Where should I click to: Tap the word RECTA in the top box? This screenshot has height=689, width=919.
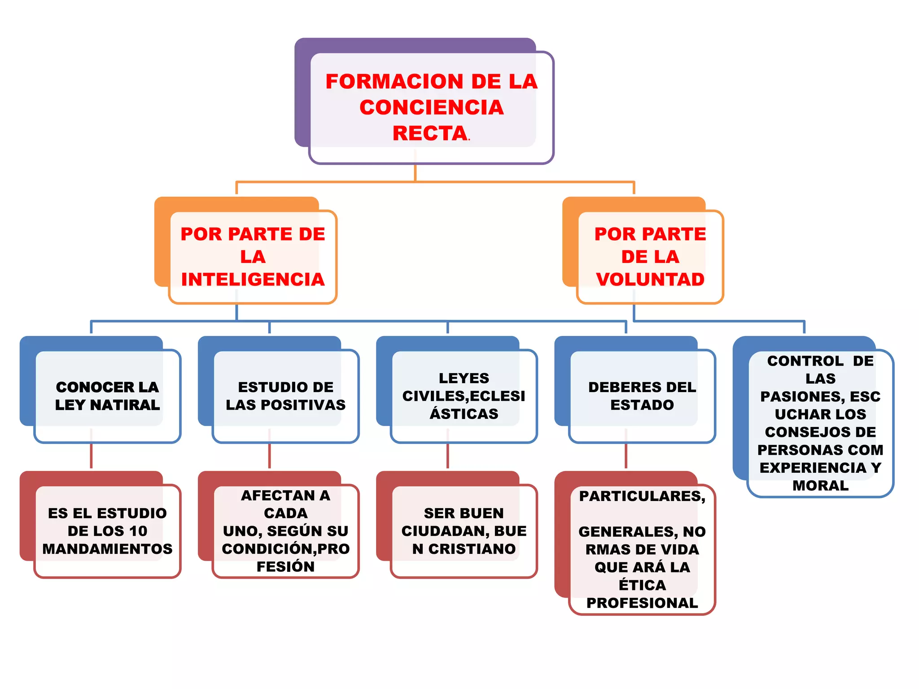[430, 133]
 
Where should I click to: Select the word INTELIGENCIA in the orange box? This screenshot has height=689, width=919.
[253, 279]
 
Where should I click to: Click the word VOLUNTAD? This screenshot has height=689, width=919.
[650, 279]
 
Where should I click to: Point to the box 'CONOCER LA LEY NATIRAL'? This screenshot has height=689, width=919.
[107, 396]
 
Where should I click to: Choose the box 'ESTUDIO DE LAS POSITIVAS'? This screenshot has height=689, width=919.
[285, 396]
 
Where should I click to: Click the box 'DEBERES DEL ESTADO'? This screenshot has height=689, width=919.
[642, 396]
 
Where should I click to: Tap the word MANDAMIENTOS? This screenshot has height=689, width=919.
[107, 549]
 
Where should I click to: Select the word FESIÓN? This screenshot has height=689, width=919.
[285, 567]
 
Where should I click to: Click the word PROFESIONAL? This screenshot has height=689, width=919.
[642, 603]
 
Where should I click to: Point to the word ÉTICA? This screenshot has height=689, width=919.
[642, 585]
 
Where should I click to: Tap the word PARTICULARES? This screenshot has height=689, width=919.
[642, 496]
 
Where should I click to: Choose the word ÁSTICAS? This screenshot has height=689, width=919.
[464, 414]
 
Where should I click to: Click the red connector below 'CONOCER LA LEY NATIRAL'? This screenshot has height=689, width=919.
[91, 456]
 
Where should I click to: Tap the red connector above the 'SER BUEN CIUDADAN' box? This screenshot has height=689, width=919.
[447, 456]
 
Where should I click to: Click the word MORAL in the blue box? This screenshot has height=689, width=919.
[820, 485]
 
